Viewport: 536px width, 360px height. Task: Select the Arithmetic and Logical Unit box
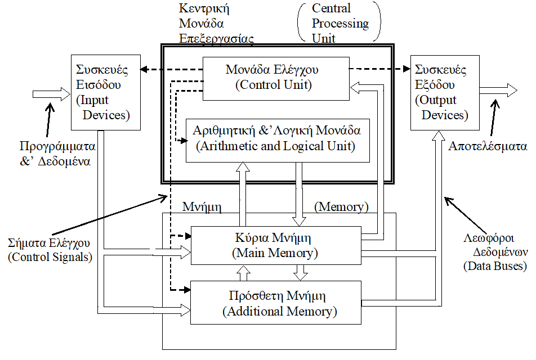(x=278, y=139)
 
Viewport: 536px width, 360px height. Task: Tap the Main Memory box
(x=275, y=245)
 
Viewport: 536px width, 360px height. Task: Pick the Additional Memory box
(x=276, y=303)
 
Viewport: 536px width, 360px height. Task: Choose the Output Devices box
(x=444, y=92)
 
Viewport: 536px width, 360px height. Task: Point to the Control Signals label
(x=50, y=251)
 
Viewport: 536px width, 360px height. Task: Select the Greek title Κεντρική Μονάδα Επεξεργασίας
(x=215, y=24)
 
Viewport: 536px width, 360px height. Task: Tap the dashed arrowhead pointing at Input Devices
(x=145, y=70)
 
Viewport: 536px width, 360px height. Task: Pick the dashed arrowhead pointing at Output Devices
(x=407, y=69)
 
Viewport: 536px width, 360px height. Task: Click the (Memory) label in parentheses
(x=341, y=207)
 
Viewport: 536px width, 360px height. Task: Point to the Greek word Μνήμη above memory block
(x=201, y=207)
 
